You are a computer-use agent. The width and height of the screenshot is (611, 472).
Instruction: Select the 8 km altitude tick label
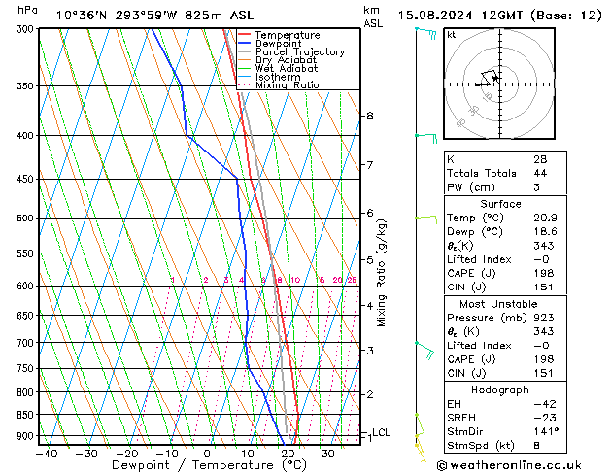369,116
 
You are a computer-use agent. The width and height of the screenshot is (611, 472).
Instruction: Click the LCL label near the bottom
381,432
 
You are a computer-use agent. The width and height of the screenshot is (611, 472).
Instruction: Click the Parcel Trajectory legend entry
299,52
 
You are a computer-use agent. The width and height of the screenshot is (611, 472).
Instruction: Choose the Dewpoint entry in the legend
279,44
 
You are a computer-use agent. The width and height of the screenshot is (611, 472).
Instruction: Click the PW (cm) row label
470,187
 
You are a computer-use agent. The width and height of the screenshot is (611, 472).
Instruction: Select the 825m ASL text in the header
196,15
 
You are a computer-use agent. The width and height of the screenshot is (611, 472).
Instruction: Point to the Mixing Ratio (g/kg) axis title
382,272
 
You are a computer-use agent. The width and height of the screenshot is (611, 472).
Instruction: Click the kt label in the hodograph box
451,34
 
